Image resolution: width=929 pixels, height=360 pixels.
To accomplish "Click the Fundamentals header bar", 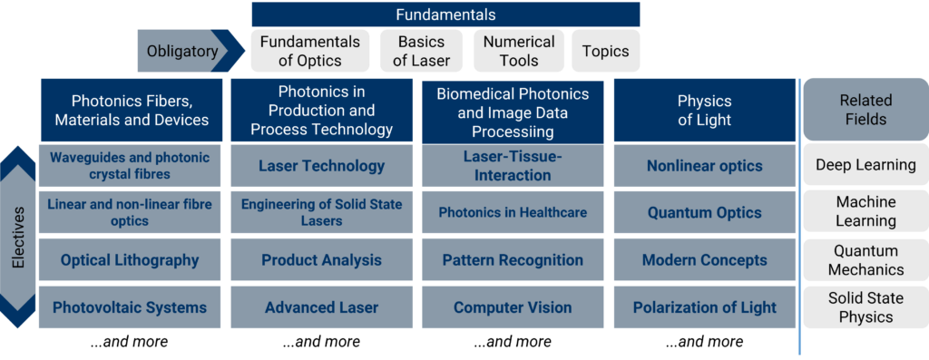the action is pos(445,15).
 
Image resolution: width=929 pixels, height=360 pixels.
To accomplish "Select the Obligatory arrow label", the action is pos(191,51).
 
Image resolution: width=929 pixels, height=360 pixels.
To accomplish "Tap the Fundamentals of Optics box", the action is pos(310,51).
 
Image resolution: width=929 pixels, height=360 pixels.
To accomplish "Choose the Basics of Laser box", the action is pos(421,51).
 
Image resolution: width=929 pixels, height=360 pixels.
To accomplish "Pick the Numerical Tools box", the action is pos(518,51).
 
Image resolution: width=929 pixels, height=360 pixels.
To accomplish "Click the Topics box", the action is pos(605,51).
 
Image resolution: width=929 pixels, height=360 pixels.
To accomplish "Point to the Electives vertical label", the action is pos(18,237).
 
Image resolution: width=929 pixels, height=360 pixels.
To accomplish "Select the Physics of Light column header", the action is pos(704,110).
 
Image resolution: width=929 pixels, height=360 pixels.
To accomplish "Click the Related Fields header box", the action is pos(865,110).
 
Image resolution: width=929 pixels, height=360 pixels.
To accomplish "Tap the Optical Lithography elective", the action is pos(129,260).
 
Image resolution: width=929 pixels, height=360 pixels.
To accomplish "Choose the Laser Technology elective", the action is pos(321,166).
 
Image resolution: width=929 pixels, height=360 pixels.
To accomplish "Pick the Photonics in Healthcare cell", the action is pos(513,212).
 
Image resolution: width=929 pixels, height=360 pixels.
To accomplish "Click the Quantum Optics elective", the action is pos(704,212).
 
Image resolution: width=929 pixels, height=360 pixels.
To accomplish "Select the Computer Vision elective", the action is pos(513,307).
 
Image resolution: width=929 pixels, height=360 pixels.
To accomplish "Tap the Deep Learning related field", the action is pos(865,165).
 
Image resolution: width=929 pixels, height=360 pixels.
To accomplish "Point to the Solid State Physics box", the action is pos(865,307).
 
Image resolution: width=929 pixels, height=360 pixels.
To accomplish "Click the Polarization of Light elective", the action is pos(704,307).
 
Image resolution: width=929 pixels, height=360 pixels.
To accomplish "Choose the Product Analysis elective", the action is pos(321,260).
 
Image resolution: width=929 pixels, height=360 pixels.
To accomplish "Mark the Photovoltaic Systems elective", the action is pos(129,307).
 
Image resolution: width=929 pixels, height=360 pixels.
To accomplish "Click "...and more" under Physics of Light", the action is pos(704,342).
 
